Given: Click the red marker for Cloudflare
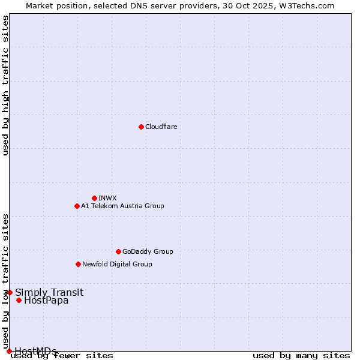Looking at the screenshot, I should tap(141, 127).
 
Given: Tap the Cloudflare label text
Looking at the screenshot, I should tap(161, 127).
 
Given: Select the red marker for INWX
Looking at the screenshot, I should tap(94, 198).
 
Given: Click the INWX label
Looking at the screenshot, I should tap(107, 198).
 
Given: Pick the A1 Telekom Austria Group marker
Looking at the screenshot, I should tap(77, 206).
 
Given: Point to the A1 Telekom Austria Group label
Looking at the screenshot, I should tap(122, 206).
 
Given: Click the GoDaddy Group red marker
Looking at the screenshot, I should tap(118, 251).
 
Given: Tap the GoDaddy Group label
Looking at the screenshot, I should tap(148, 251).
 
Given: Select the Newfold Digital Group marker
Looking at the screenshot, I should tap(78, 264).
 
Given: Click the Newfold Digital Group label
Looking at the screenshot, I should tap(117, 264).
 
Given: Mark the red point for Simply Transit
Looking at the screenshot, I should tap(10, 292).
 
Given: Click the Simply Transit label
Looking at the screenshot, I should tap(49, 293).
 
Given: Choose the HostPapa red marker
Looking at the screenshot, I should tap(19, 300).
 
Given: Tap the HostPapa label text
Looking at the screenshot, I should tap(46, 301).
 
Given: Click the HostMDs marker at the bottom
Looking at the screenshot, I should tap(9, 351).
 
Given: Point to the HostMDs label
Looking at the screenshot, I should tap(35, 351).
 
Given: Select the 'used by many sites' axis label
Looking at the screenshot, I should tap(301, 356).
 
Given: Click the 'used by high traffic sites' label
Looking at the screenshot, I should tap(5, 85).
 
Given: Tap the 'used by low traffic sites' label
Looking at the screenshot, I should tap(5, 281).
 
